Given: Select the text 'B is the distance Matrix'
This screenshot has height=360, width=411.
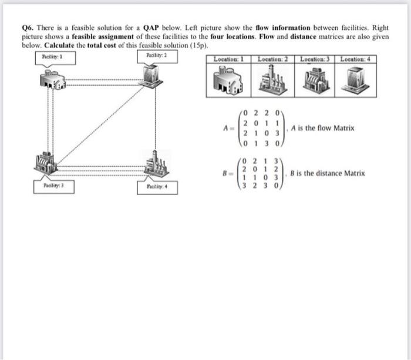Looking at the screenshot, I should pyautogui.click(x=328, y=173).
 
